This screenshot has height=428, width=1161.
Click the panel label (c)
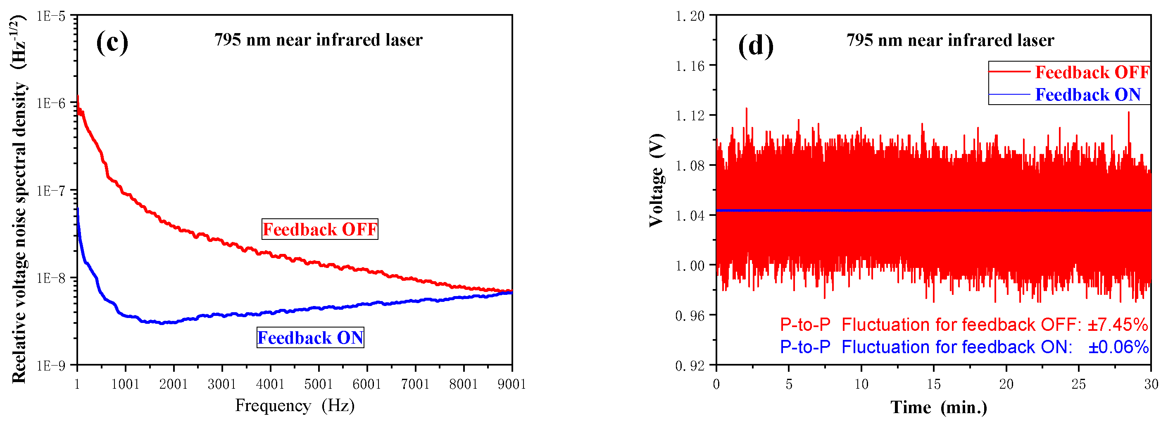click(x=112, y=43)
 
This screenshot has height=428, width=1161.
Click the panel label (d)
click(x=755, y=45)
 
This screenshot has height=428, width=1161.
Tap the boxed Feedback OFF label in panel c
click(x=319, y=229)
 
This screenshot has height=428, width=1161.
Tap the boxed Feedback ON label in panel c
click(x=310, y=337)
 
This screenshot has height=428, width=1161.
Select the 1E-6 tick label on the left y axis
click(x=51, y=103)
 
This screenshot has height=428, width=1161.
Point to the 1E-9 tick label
click(x=51, y=365)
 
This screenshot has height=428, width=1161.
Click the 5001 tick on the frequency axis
click(x=319, y=384)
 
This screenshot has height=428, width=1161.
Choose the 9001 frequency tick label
click(x=512, y=384)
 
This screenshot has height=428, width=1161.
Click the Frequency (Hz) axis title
click(x=295, y=405)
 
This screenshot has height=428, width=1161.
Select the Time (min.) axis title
click(x=939, y=407)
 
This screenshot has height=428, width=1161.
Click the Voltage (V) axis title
click(x=656, y=180)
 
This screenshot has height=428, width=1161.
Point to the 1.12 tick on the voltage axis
click(x=690, y=116)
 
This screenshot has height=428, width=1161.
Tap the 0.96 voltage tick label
click(x=690, y=316)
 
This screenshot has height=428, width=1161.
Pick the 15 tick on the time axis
click(x=933, y=384)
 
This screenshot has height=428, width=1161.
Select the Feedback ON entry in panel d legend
click(x=1087, y=95)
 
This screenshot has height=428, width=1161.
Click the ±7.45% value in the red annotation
click(x=1117, y=325)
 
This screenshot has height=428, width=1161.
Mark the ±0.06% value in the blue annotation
click(x=1118, y=347)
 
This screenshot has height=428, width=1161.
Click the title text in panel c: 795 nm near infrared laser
click(x=318, y=40)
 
